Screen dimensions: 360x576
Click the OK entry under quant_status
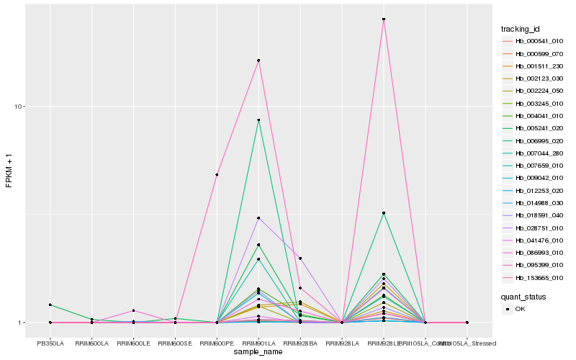[521, 309]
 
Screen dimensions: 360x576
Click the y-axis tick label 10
[19, 107]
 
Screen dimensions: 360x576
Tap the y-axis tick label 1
[22, 323]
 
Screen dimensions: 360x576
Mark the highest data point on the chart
[384, 19]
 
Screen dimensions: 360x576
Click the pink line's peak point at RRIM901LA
[258, 60]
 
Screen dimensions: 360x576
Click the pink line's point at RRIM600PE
[217, 175]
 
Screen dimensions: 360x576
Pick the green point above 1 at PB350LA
[50, 305]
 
